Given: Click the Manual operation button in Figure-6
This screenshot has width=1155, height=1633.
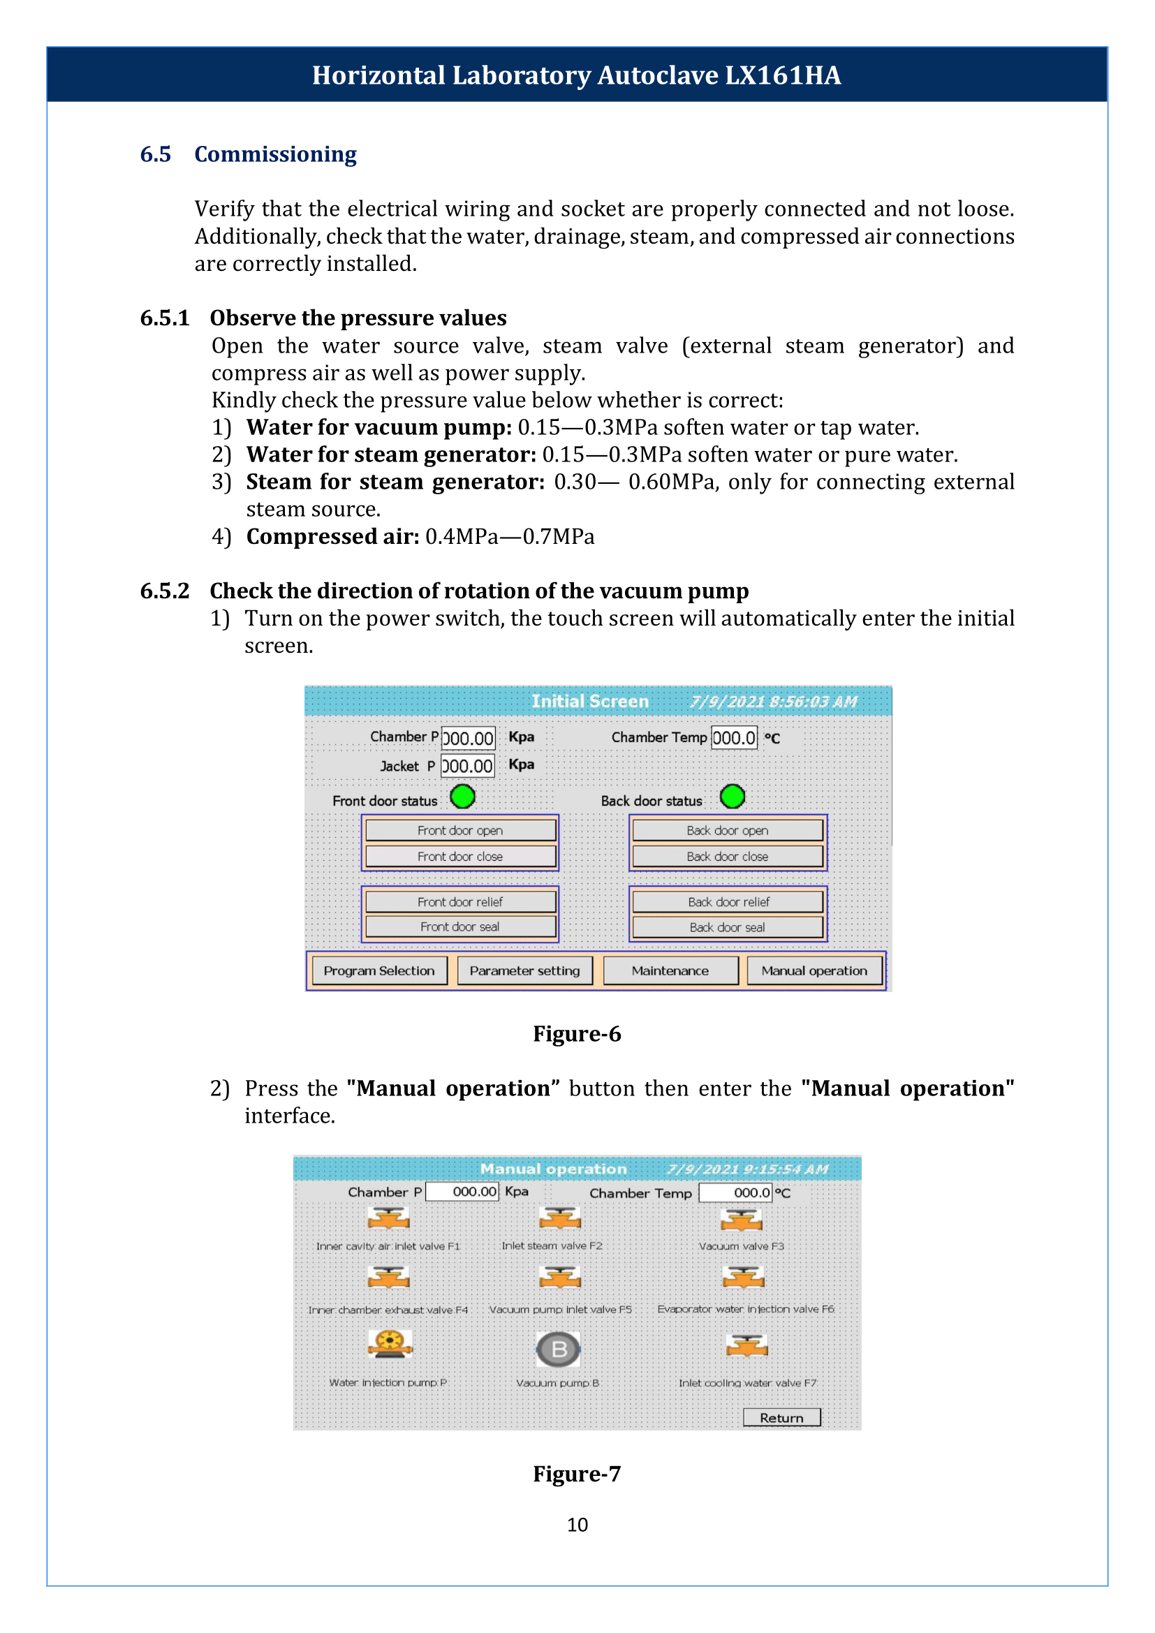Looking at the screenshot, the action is click(814, 970).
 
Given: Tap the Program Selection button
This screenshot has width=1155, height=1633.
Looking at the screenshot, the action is click(380, 970).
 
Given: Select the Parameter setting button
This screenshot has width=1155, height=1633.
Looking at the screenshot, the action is click(525, 970).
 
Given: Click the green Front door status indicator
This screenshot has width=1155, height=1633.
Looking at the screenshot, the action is click(463, 797).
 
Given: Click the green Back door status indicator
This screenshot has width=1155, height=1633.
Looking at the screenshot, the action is click(733, 797).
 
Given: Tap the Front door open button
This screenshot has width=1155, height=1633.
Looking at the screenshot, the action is click(460, 830).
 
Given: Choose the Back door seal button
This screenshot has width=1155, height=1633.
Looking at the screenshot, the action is click(728, 926).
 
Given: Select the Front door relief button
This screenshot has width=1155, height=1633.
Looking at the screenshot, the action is click(460, 901).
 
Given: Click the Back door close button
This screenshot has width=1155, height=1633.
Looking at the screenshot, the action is click(728, 857).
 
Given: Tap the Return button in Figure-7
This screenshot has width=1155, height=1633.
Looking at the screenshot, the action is click(781, 1417).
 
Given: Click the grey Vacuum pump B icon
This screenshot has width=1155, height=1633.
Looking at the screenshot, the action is click(559, 1350).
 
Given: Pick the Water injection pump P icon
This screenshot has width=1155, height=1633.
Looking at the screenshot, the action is click(390, 1343).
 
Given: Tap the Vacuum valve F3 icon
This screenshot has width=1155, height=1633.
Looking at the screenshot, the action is click(741, 1220).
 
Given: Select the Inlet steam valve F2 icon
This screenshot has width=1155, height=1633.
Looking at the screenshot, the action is click(561, 1218).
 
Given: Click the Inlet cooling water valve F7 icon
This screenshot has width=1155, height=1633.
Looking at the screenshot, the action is click(746, 1345).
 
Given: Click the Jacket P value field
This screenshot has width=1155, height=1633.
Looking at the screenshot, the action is click(467, 766).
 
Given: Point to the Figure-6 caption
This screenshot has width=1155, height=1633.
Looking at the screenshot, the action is click(577, 1033).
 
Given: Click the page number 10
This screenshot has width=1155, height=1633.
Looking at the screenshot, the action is click(577, 1525).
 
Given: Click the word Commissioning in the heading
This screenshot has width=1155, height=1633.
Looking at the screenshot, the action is click(275, 155).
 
